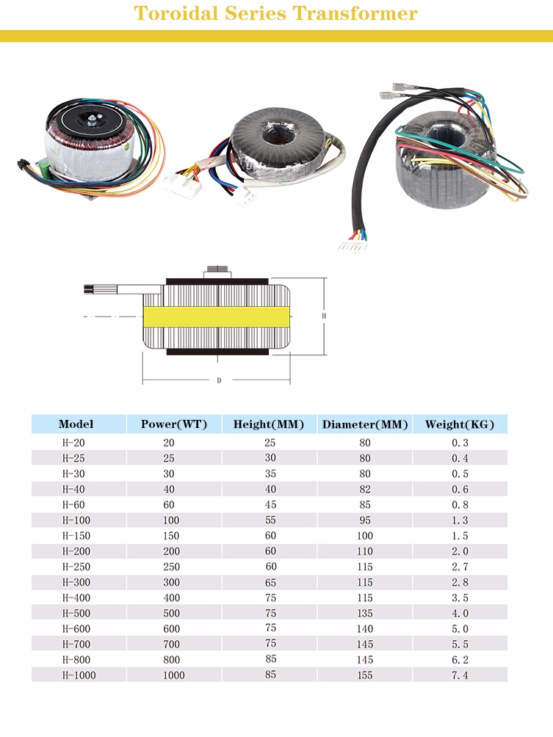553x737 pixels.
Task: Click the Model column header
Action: [x=76, y=424]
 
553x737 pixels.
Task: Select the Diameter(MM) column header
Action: [x=365, y=424]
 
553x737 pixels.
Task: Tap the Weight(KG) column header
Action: [x=460, y=424]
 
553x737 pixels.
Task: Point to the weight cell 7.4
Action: [x=460, y=675]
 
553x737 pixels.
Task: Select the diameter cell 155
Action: [x=365, y=675]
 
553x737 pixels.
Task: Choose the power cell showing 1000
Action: [x=174, y=675]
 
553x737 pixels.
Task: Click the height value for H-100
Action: [x=270, y=520]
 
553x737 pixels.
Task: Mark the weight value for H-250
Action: [x=460, y=567]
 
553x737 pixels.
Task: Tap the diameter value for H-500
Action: [x=365, y=613]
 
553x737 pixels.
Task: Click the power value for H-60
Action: [x=170, y=504]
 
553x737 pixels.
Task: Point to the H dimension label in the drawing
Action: [x=324, y=316]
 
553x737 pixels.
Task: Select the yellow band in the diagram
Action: [x=217, y=316]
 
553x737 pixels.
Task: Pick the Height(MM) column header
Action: [x=269, y=424]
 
